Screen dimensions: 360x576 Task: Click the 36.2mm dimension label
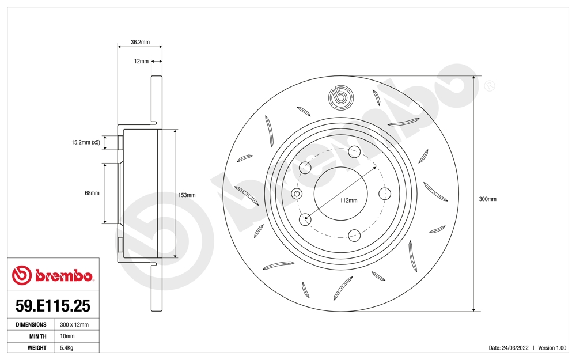(140, 42)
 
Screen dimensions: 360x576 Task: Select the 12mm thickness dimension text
(141, 61)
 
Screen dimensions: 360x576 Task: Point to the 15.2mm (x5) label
(86, 142)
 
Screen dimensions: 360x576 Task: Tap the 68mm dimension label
(92, 193)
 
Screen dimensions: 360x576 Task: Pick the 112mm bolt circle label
(349, 200)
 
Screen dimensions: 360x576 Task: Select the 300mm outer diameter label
(487, 199)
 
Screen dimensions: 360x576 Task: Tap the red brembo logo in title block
(52, 275)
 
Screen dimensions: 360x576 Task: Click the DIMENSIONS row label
(31, 325)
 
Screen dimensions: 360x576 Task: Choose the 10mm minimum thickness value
(67, 336)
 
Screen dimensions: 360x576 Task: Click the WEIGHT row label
(37, 348)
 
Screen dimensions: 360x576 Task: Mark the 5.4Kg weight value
(67, 348)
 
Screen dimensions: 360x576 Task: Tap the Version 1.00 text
(552, 348)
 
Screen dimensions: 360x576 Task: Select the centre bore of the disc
(341, 193)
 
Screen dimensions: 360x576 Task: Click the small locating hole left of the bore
(297, 194)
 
